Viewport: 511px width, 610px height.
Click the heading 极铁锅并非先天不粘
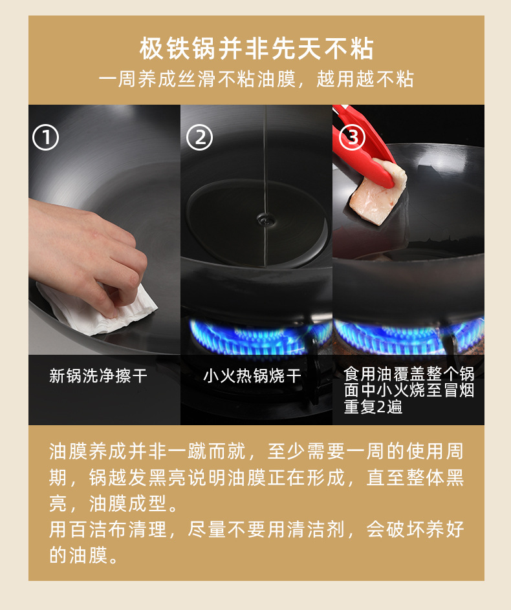pos(256,48)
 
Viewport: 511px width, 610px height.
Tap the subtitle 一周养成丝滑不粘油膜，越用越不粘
pos(256,80)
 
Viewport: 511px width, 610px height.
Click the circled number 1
pos(46,138)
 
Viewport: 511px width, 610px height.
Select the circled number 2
pos(199,138)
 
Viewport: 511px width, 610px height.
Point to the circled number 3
pos(353,137)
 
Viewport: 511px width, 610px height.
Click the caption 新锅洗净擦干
pos(98,376)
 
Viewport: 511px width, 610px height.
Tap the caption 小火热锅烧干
pos(252,376)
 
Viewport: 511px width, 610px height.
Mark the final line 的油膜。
pos(83,555)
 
